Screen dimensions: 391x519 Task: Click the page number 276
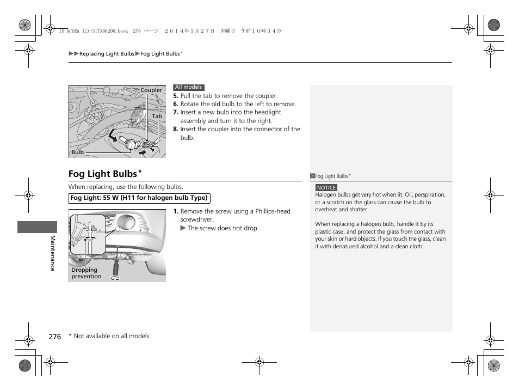[x=54, y=337]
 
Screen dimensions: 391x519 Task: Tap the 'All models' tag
[x=189, y=87]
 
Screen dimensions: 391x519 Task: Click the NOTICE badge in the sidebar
[x=326, y=188]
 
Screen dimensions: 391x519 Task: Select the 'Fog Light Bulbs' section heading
[x=103, y=174]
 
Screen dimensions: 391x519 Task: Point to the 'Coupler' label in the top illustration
[x=151, y=90]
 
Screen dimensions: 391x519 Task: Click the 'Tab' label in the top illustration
[x=157, y=117]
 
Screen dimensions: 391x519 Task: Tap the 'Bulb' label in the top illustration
[x=78, y=152]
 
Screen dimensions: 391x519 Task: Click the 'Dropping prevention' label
[x=86, y=273]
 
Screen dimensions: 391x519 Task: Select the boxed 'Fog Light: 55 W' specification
[x=139, y=198]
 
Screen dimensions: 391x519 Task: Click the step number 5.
[x=176, y=96]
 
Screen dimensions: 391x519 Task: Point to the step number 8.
[x=176, y=130]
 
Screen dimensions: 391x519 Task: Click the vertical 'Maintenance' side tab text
[x=53, y=253]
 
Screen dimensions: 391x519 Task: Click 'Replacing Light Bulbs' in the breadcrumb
[x=107, y=54]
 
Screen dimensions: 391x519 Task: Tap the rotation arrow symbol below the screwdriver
[x=115, y=277]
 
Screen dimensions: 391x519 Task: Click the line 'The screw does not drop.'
[x=223, y=228]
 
